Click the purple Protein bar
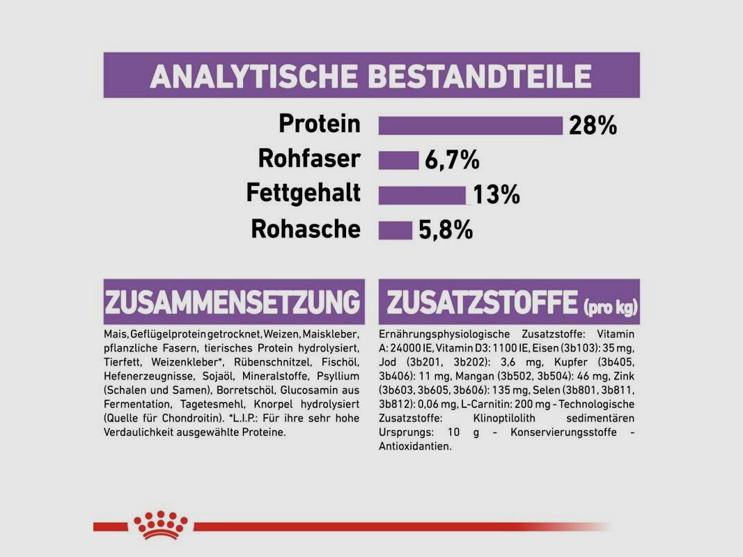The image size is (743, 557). (470, 125)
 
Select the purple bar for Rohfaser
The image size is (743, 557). (398, 160)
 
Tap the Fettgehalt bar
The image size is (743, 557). (422, 195)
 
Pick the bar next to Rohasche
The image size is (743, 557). (396, 230)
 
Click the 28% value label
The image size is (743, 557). (593, 126)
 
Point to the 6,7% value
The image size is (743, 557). (452, 161)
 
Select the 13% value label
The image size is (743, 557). (496, 196)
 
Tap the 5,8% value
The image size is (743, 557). (446, 230)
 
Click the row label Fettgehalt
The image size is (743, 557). (304, 194)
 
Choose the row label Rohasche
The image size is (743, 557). (306, 229)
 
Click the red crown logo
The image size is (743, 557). (162, 524)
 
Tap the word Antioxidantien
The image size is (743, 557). (415, 446)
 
